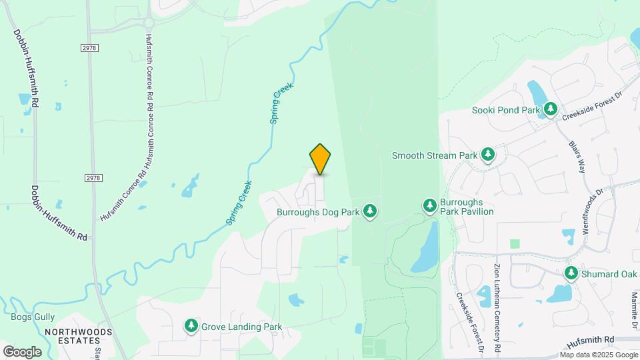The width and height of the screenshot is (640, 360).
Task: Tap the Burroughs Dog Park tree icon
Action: tap(370, 212)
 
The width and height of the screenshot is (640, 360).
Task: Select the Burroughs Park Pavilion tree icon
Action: tap(430, 205)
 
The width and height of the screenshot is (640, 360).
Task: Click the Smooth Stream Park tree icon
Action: tap(489, 155)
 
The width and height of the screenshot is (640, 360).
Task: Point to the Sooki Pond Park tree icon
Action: tap(550, 109)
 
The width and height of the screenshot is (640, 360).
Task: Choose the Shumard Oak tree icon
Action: tap(571, 273)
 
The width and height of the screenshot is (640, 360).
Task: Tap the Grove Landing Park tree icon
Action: tap(191, 326)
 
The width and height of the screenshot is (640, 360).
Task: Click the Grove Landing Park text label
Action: tap(241, 327)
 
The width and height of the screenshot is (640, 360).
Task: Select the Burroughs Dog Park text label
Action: tap(318, 212)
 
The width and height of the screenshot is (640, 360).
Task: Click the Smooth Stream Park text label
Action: tap(434, 155)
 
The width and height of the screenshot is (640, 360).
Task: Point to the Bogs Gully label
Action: tap(33, 317)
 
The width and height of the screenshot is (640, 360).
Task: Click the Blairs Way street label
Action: tap(577, 157)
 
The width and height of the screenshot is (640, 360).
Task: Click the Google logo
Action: tap(22, 351)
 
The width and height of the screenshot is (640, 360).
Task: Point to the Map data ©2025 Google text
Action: tap(598, 355)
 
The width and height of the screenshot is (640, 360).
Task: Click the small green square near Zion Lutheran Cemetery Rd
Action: tap(515, 244)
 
